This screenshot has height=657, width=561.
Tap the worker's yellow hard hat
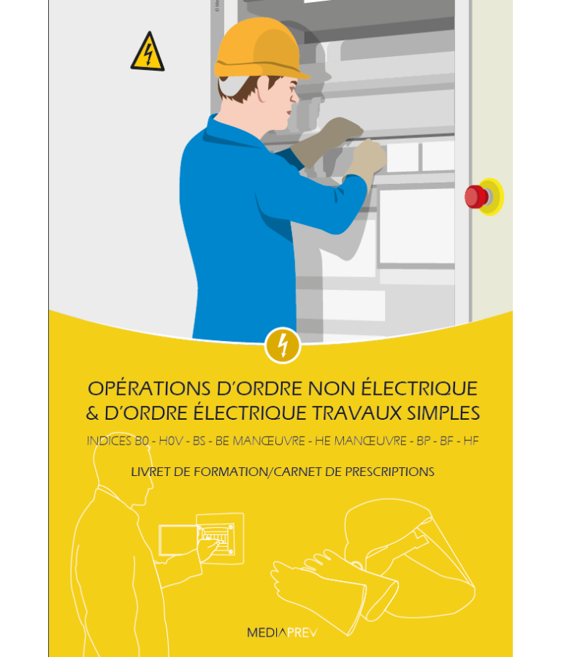(259, 50)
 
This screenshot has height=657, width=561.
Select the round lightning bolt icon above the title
(282, 345)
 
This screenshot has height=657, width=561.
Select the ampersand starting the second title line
(92, 413)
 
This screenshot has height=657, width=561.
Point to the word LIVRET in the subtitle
(150, 472)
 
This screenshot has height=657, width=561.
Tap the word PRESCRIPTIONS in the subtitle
(391, 472)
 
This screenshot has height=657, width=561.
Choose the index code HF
(470, 442)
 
